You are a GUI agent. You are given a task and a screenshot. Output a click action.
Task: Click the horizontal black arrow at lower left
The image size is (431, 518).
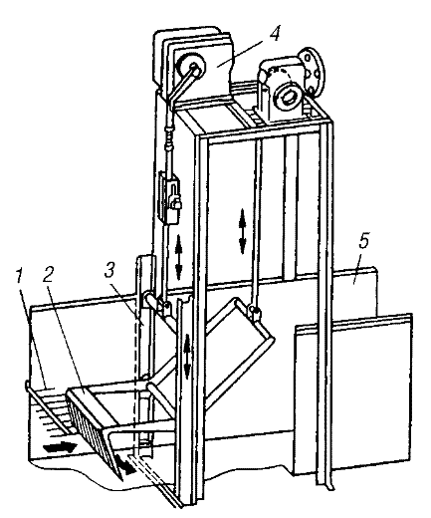tap(61, 447)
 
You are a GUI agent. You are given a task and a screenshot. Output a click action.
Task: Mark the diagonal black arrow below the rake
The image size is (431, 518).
tap(125, 463)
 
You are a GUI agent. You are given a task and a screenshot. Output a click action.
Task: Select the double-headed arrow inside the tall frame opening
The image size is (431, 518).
tap(243, 231)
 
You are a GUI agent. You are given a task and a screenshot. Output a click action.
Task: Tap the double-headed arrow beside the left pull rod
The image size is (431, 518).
tap(179, 257)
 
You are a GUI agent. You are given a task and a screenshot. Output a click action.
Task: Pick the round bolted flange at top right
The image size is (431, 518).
tap(312, 72)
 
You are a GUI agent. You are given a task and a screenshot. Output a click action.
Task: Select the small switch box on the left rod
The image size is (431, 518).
tap(170, 196)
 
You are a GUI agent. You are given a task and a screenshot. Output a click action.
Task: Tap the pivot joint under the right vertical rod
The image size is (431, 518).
tap(255, 311)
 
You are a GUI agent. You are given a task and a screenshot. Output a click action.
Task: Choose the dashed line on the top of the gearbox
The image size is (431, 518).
tap(282, 73)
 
